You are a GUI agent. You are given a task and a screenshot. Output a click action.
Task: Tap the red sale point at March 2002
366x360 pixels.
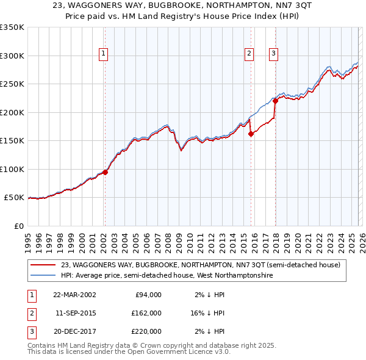105,172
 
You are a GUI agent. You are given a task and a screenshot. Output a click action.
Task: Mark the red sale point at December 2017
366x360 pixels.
275,101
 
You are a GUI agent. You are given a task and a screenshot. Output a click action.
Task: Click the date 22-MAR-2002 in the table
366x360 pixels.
74,295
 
